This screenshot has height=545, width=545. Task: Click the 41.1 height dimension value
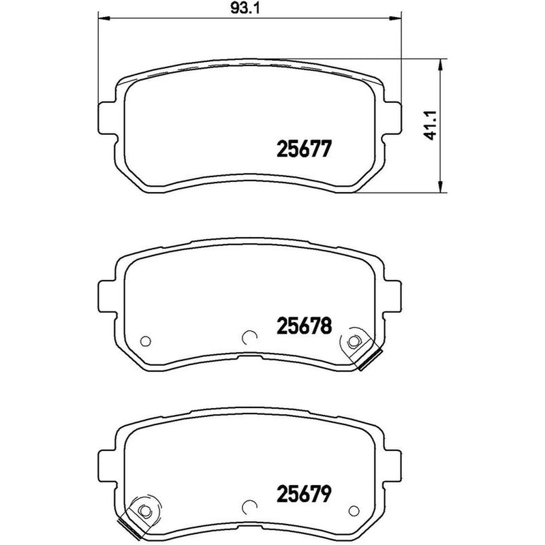(432, 125)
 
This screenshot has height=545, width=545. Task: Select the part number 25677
(304, 149)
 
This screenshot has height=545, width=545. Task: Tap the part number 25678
(304, 326)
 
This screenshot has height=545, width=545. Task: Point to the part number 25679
(304, 494)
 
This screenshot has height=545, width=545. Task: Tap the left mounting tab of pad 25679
(107, 467)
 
